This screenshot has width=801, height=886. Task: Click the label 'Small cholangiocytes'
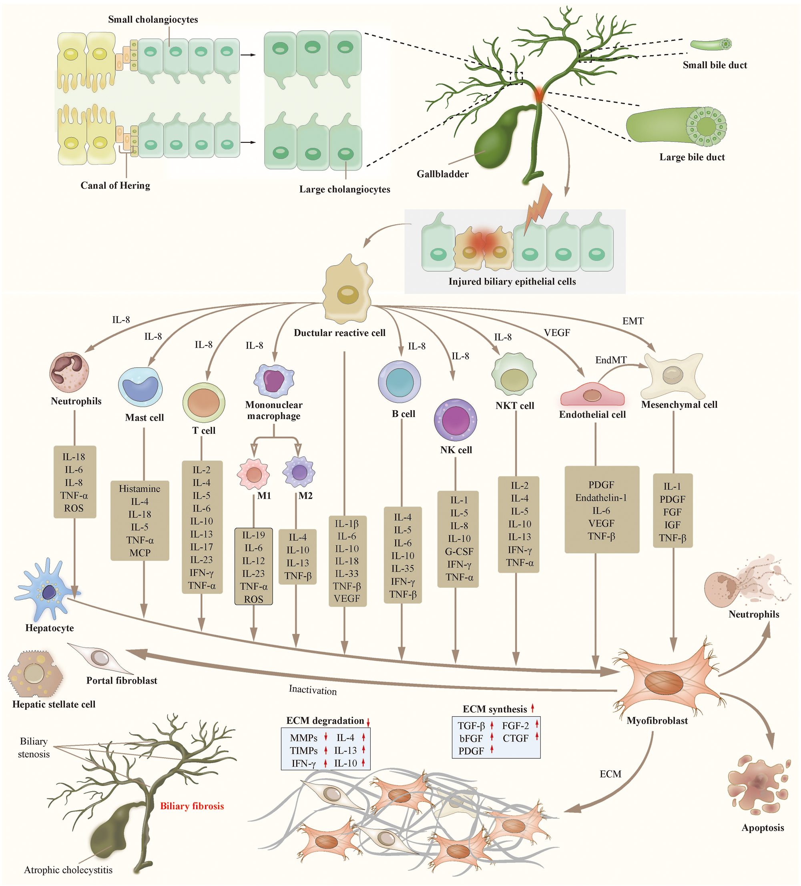(x=153, y=19)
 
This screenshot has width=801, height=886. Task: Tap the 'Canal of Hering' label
(x=115, y=185)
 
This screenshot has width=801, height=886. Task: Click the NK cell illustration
(x=456, y=420)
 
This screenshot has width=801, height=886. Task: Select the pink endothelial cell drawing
(x=592, y=395)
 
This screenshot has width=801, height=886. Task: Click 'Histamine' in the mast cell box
(x=139, y=489)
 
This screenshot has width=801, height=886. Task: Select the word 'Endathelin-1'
(x=601, y=498)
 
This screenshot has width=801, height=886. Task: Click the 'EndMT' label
(x=610, y=360)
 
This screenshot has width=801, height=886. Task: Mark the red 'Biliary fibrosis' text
(x=192, y=806)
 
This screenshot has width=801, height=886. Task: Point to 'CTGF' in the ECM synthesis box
(x=515, y=738)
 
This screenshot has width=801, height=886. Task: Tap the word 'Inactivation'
(x=313, y=690)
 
